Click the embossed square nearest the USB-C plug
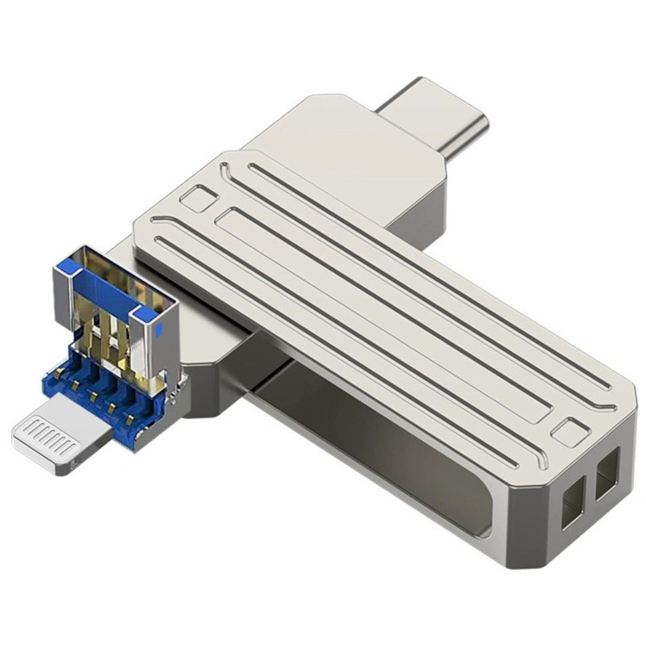[x=199, y=198]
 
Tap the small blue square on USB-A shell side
[x=159, y=329]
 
